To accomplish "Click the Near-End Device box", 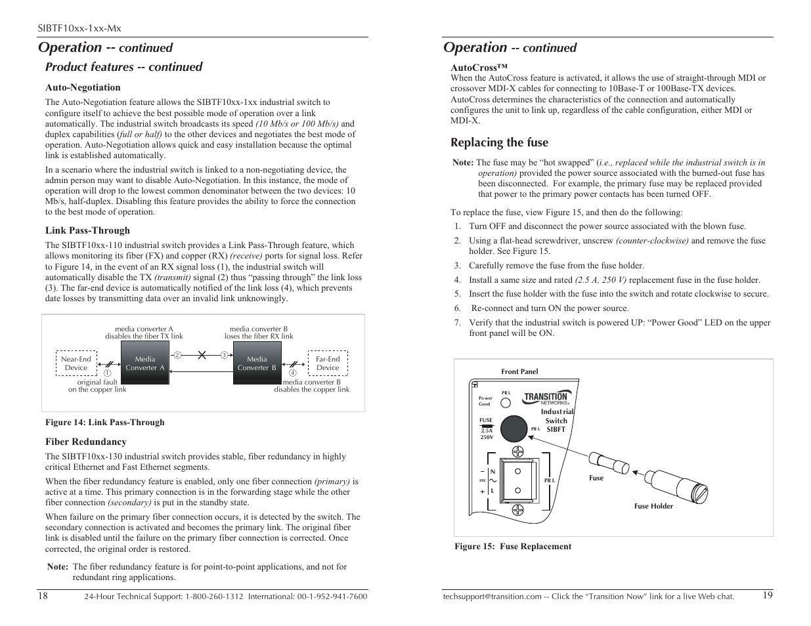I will pos(76,364).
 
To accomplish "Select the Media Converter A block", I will pos(145,363).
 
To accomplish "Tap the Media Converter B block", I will pos(257,363).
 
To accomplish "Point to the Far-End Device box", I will pos(328,364).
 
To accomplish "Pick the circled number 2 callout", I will pos(177,355).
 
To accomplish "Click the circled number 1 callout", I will pos(107,373).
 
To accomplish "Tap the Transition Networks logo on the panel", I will pos(546,398).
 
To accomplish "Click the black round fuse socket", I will pos(514,428).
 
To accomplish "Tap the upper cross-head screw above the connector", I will pos(518,451).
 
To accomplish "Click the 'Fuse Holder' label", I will pos(653,506).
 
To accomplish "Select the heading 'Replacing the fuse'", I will pos(499,142).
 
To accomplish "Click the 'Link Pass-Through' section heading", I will pos(87,230).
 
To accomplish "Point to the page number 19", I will pos(768,595).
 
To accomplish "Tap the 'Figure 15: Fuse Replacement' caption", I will pos(513,546).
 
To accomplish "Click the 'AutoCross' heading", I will pos(479,67).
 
